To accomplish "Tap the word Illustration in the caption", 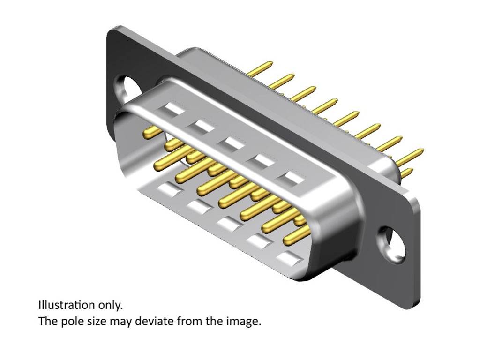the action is click(x=67, y=305).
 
